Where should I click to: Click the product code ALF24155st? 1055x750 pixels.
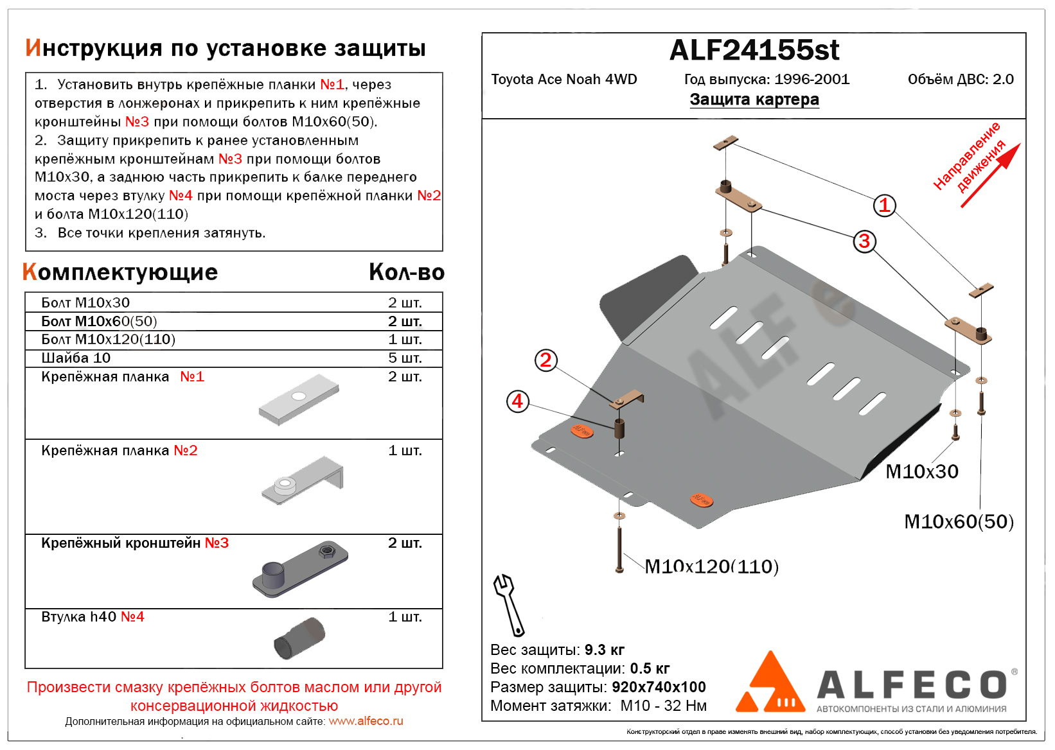click(754, 50)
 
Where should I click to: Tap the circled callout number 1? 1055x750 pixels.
click(884, 205)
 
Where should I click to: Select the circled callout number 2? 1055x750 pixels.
click(545, 360)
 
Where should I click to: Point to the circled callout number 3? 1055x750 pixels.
click(864, 241)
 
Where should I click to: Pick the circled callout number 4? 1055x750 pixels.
click(517, 402)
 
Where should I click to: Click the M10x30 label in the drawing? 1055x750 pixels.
click(921, 472)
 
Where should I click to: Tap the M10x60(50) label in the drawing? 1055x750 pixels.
click(958, 521)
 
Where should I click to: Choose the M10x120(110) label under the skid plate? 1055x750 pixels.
click(711, 566)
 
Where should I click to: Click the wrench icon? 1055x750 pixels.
click(508, 604)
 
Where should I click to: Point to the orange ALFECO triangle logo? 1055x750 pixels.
click(770, 685)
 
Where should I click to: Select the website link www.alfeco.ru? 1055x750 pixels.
click(366, 721)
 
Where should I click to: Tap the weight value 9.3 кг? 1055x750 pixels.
click(605, 650)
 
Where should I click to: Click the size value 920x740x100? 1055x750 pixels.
click(659, 687)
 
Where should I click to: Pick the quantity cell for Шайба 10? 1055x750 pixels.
click(405, 358)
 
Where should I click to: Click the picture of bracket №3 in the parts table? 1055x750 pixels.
click(300, 569)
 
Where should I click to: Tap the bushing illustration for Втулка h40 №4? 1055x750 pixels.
click(299, 639)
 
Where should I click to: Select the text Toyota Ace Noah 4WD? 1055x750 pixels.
click(564, 80)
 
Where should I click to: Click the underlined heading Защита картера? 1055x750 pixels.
click(754, 100)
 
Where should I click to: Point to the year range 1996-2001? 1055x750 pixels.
click(812, 80)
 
